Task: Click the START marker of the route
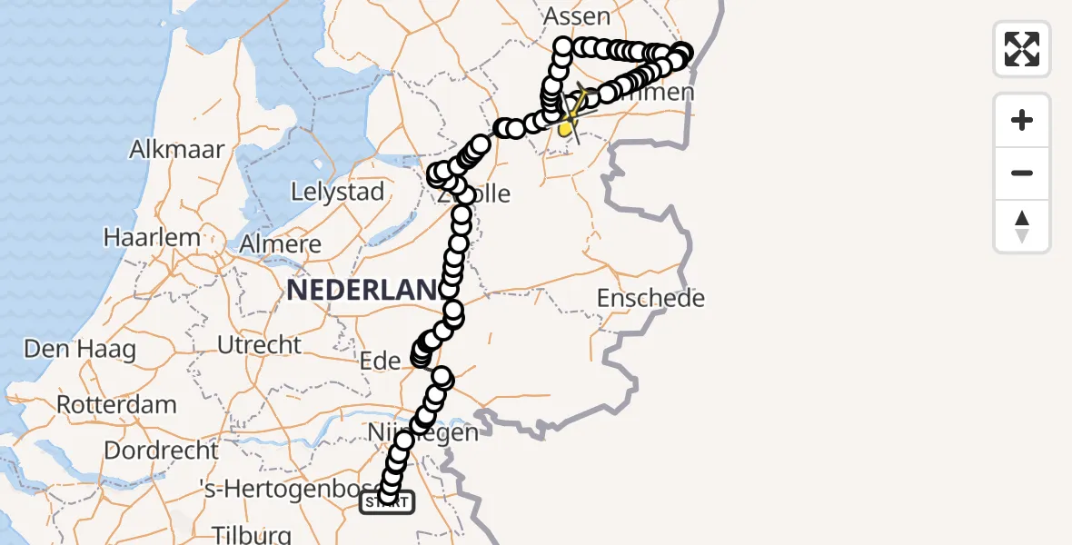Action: click(388, 502)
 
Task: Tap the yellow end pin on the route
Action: click(565, 130)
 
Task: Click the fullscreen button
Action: click(1022, 49)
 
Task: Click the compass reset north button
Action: click(1022, 226)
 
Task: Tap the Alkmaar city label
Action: click(177, 149)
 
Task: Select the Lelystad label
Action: click(338, 192)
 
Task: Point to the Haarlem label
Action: click(152, 237)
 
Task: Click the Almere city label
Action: click(281, 243)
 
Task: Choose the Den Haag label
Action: click(80, 349)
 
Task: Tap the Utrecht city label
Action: click(259, 345)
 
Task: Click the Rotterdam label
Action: click(115, 403)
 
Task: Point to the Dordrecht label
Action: click(161, 450)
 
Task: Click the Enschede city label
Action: click(651, 298)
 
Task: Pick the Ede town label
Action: click(381, 362)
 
